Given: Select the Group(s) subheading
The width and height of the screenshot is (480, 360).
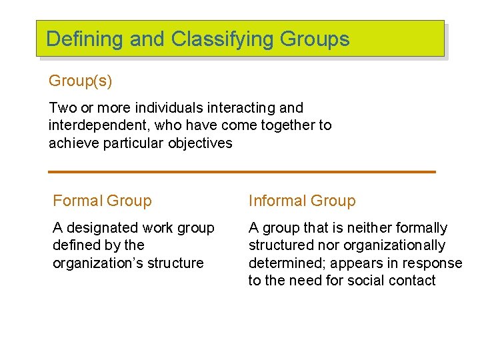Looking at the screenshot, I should [80, 81].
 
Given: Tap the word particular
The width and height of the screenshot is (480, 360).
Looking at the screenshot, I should [133, 143].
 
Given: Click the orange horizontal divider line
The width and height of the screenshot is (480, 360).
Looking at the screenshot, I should [241, 172].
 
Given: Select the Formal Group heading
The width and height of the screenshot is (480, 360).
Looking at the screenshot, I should [102, 201].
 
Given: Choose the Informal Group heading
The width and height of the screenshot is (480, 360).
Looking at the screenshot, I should [302, 201].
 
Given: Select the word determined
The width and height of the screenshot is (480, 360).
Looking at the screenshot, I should [281, 263].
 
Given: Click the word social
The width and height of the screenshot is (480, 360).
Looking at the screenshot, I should [365, 281].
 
